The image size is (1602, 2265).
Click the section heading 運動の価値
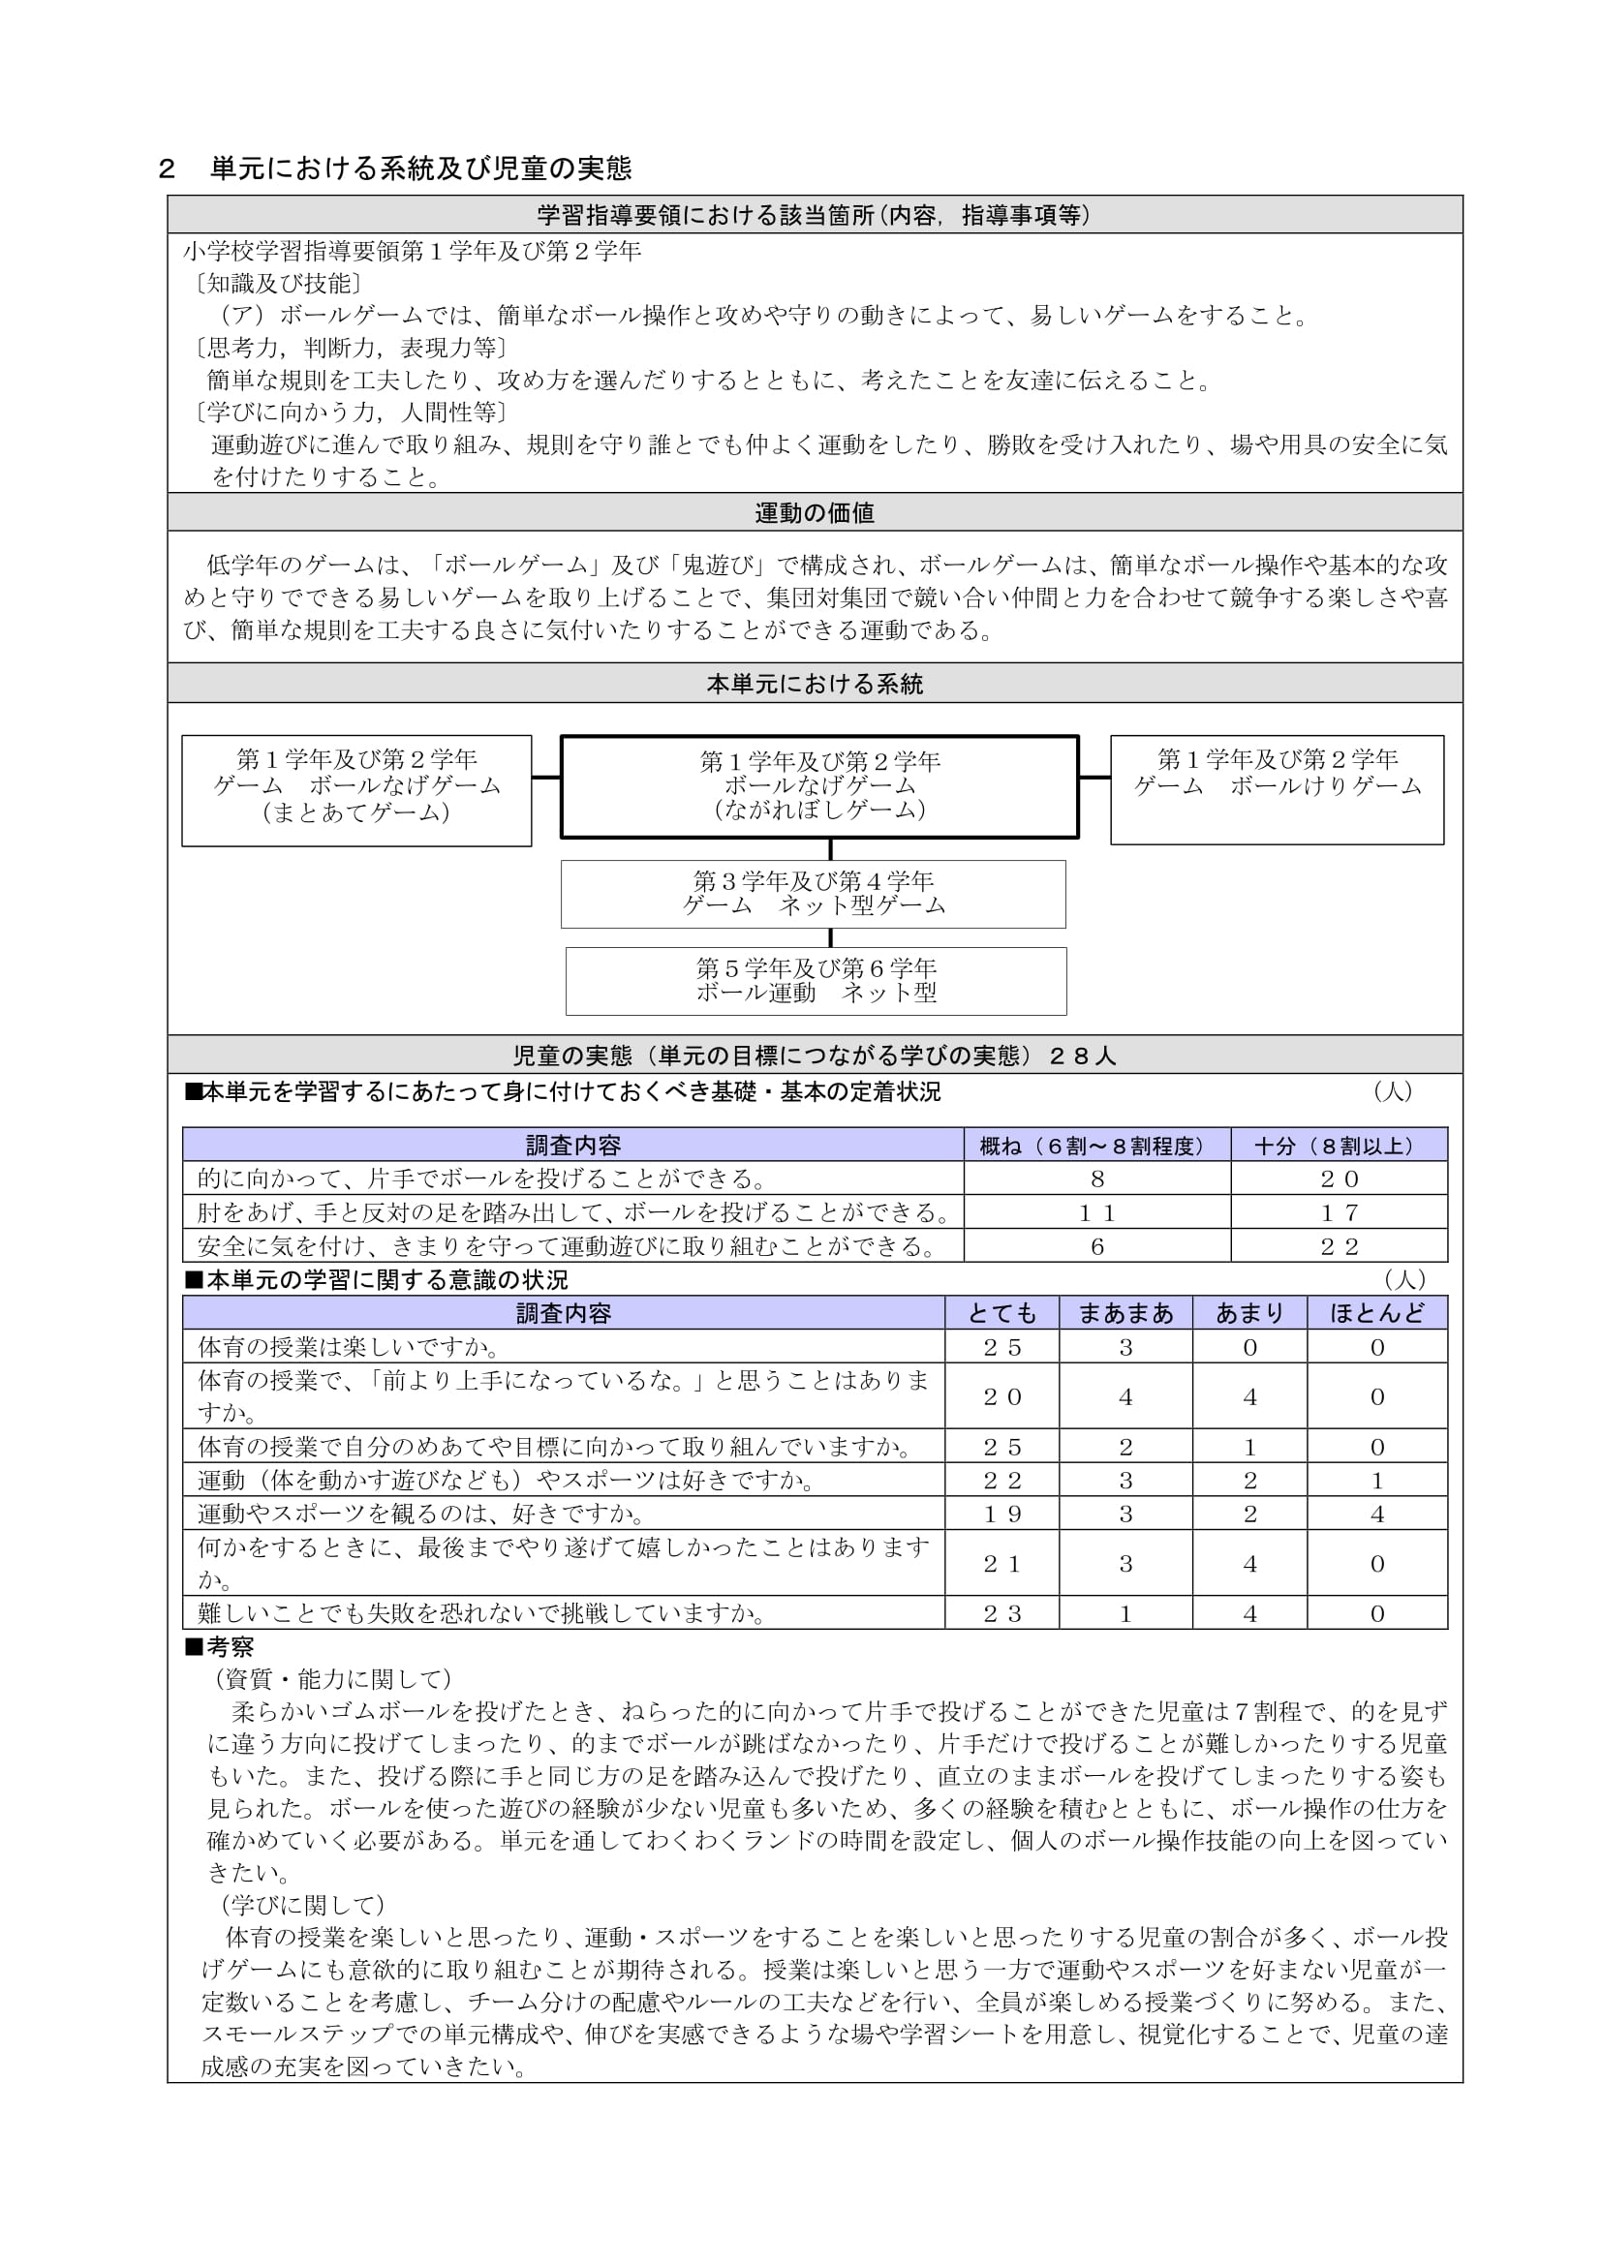click(814, 513)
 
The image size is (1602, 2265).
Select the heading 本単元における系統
click(814, 684)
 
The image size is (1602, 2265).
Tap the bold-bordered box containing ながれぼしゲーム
click(818, 786)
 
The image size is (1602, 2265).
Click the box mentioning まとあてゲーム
click(356, 789)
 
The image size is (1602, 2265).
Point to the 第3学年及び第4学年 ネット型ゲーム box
click(813, 894)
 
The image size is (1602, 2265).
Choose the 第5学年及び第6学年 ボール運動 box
click(816, 981)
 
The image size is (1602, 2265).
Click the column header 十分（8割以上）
click(1339, 1146)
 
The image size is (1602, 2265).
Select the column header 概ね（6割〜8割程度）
click(1097, 1146)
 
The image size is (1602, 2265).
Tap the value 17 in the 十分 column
click(1339, 1212)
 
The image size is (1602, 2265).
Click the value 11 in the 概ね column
click(1097, 1212)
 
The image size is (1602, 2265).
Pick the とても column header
click(1001, 1313)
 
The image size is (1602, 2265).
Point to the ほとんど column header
click(1377, 1313)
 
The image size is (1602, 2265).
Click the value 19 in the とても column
click(1001, 1514)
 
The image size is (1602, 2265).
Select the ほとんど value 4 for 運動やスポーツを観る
click(1377, 1514)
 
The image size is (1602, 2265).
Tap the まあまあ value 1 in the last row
click(1125, 1614)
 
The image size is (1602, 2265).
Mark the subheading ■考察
click(220, 1646)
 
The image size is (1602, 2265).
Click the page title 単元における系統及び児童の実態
click(420, 169)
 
